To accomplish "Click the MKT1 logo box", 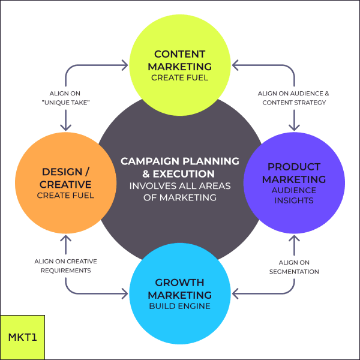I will point(23,337).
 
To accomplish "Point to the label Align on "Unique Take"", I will point(65,98).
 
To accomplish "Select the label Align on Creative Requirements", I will point(65,266).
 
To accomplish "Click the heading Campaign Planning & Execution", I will point(180,167).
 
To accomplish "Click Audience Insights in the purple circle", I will point(294,194).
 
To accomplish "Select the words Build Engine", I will point(180,307).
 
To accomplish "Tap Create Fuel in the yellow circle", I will point(180,77).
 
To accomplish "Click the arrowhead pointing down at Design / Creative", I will point(66,127).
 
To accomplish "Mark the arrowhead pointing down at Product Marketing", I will point(294,127).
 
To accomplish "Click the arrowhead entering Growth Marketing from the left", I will point(125,294).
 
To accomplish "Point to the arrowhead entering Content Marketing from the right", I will point(235,62).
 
